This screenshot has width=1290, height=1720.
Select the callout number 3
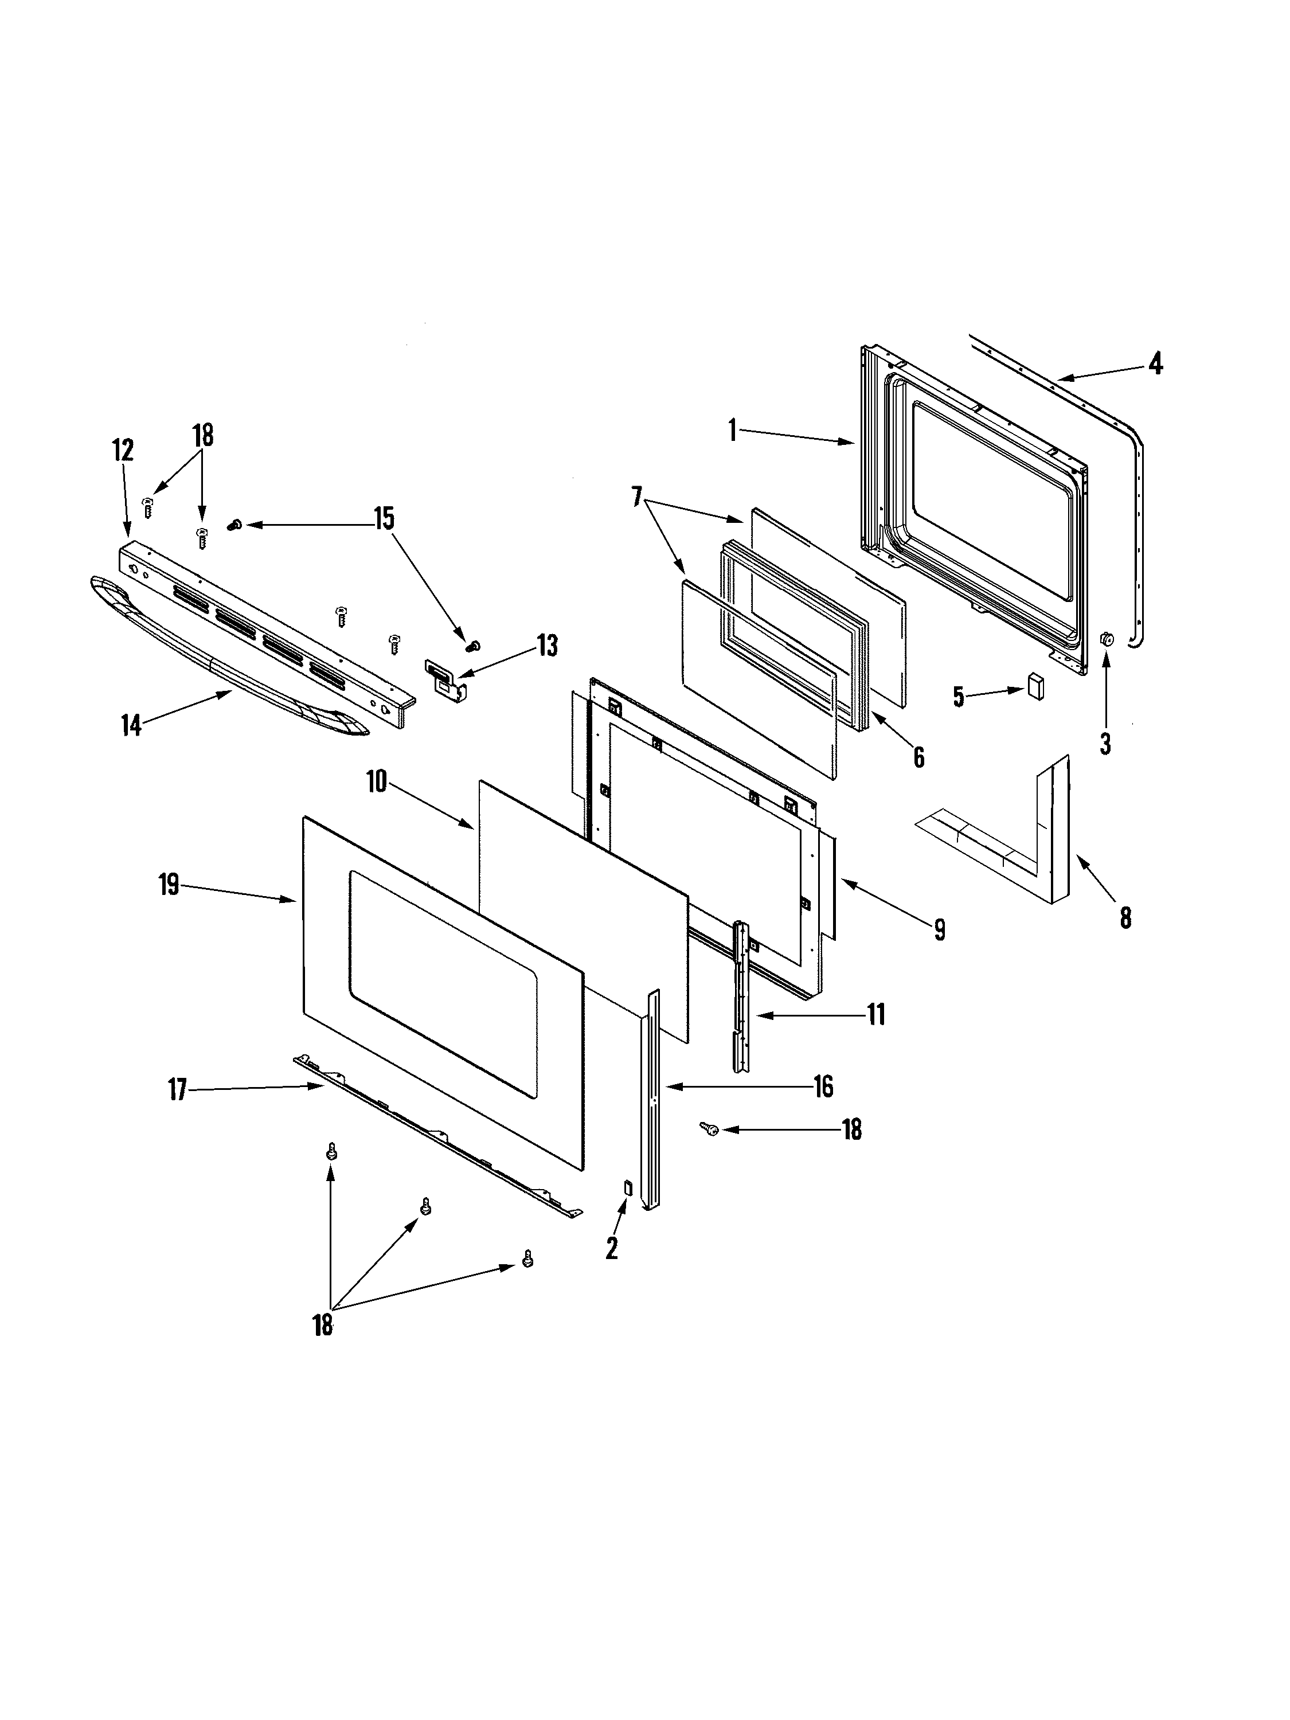(1105, 744)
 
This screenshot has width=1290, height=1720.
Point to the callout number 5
(958, 697)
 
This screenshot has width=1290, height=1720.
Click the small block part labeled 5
(1035, 686)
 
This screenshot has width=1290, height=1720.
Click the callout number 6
(918, 757)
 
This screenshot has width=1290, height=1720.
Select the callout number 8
(1125, 918)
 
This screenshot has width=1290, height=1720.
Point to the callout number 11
(876, 1015)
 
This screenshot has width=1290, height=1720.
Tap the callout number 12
(123, 450)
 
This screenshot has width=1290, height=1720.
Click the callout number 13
(548, 646)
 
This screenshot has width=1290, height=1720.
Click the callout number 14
(131, 725)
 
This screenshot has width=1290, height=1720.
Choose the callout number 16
(823, 1086)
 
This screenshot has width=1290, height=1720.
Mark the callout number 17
(178, 1090)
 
